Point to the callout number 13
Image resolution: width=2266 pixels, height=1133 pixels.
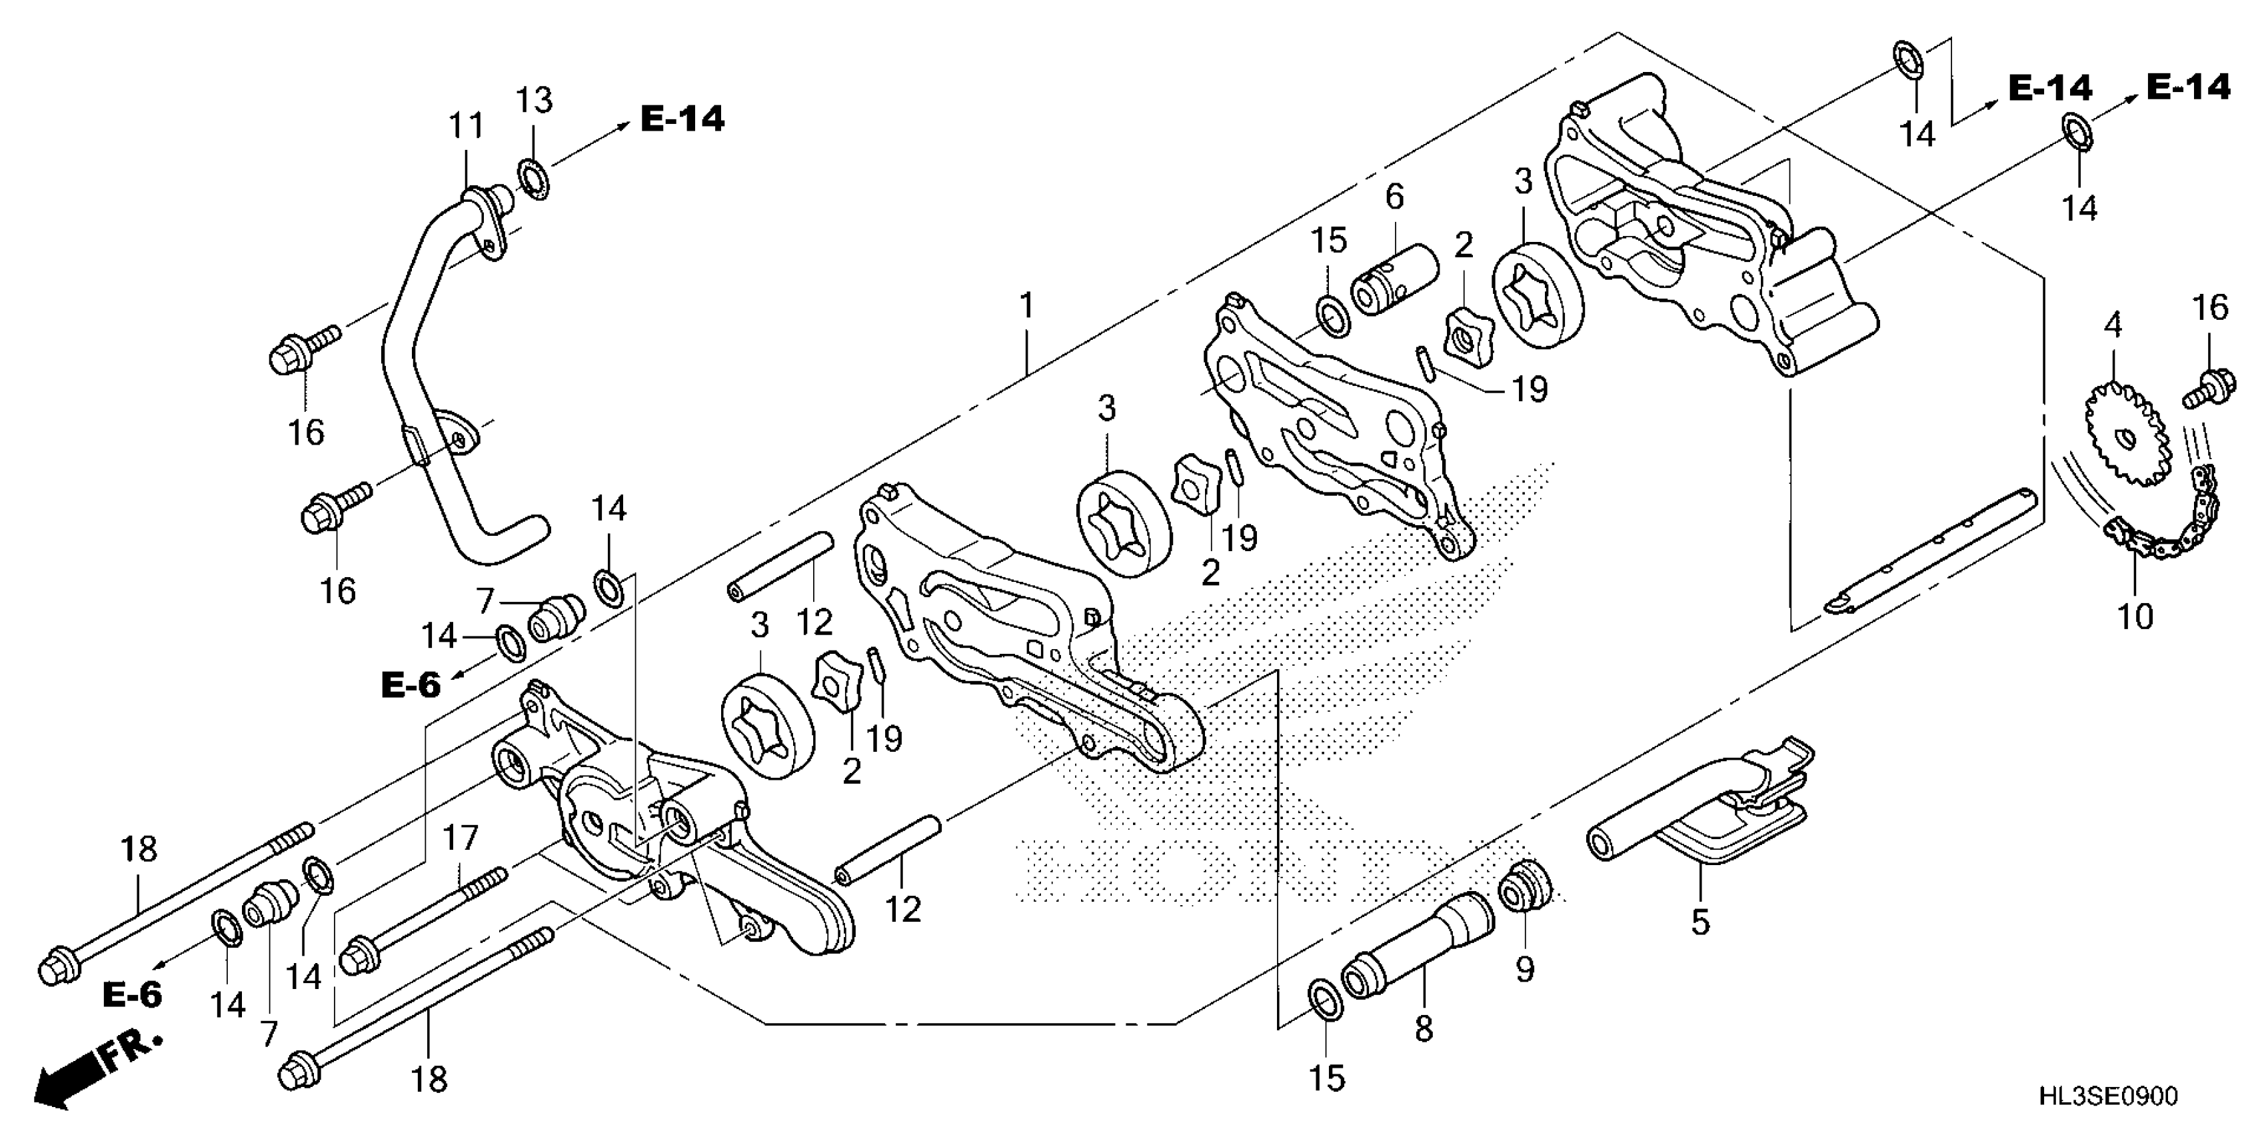(534, 100)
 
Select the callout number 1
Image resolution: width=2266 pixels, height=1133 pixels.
(1026, 306)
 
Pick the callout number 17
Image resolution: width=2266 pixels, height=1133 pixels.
(459, 838)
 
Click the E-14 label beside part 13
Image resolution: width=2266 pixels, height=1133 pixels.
(682, 119)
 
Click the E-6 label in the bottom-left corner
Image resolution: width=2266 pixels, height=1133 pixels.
(133, 995)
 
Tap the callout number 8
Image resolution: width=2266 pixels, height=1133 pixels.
(1424, 1028)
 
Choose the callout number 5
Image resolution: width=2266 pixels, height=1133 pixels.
(1700, 922)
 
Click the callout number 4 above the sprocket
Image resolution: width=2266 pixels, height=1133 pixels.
(2113, 325)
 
